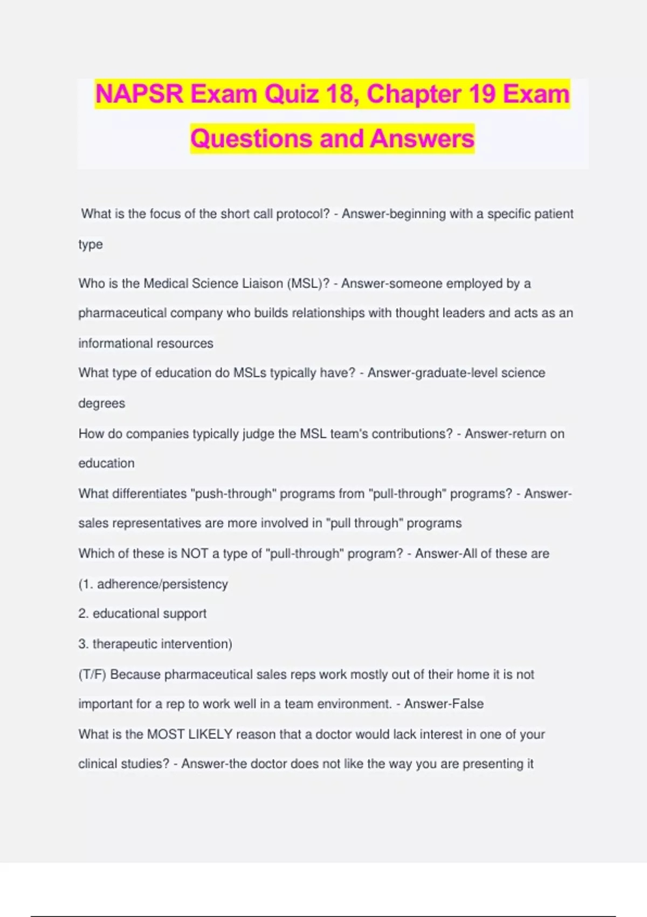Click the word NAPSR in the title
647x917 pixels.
(139, 94)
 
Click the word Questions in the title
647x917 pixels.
(251, 139)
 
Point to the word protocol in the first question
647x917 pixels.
(302, 214)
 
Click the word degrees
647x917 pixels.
(101, 403)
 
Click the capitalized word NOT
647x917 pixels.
(194, 553)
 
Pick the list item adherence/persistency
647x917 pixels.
(162, 584)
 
